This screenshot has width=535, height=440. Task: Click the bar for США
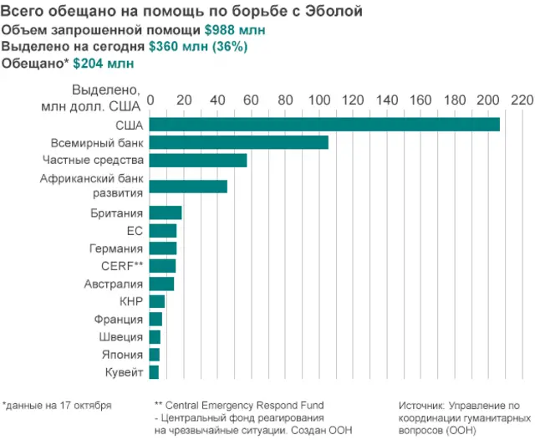click(x=324, y=125)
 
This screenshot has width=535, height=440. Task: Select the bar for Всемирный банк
click(x=239, y=142)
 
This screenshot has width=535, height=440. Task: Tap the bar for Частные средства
click(x=198, y=160)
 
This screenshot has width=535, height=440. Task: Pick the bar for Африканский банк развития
click(x=188, y=186)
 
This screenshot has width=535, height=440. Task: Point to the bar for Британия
click(x=166, y=212)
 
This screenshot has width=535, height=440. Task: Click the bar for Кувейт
click(x=154, y=372)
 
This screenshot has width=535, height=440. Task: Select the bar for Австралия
click(x=161, y=284)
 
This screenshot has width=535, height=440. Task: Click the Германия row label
click(x=116, y=248)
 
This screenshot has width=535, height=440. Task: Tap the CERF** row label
click(x=121, y=266)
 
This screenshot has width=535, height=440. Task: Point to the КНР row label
click(x=131, y=301)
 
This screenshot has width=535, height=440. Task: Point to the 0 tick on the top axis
click(x=150, y=100)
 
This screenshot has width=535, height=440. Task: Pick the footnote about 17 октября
click(x=57, y=406)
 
